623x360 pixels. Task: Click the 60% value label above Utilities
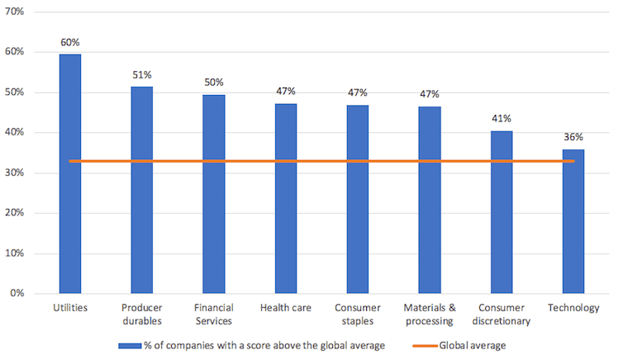(70, 42)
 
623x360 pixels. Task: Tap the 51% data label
(142, 75)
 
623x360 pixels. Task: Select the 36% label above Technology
(573, 137)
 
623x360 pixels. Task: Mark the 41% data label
(502, 119)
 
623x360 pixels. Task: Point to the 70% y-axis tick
(17, 12)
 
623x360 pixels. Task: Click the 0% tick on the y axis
(19, 293)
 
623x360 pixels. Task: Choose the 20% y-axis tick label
(17, 213)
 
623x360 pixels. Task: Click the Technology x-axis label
(573, 308)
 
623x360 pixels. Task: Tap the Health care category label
(286, 308)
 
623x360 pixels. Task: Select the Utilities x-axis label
(70, 308)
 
